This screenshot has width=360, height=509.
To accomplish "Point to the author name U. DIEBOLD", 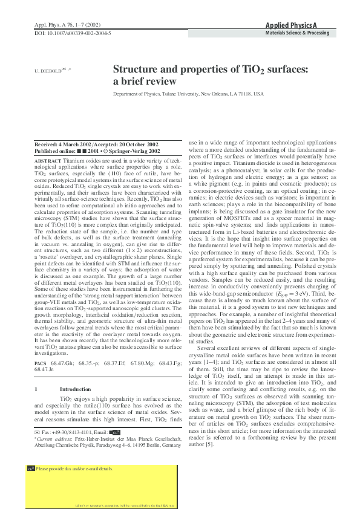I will click(x=47, y=70).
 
